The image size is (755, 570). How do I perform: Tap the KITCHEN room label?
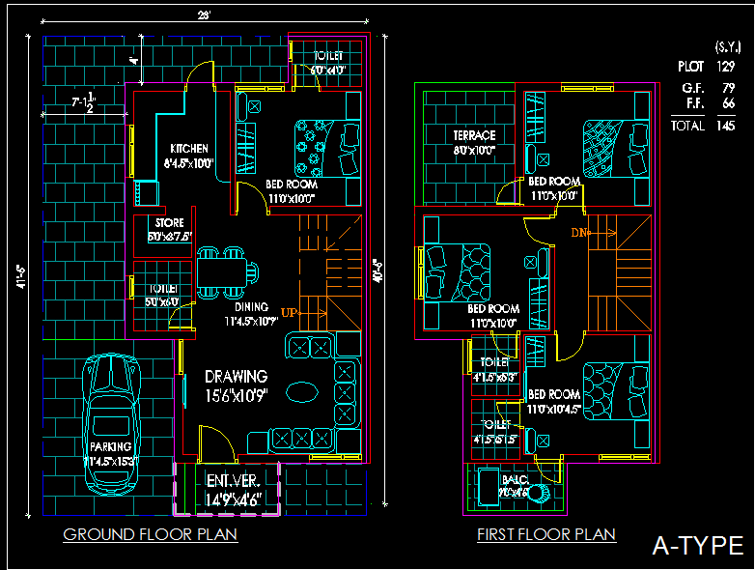click(188, 149)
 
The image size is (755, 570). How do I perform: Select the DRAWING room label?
click(236, 376)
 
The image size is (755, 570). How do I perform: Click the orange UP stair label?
click(289, 312)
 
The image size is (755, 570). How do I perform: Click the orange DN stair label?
click(579, 233)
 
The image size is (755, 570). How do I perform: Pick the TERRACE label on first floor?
click(474, 135)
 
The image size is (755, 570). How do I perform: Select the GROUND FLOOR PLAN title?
click(151, 534)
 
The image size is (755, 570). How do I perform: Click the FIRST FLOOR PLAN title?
click(546, 534)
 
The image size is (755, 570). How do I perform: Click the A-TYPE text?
click(696, 546)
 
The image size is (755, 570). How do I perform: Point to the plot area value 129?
click(725, 67)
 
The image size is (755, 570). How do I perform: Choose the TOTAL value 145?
click(725, 126)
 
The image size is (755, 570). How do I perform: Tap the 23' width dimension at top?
click(204, 15)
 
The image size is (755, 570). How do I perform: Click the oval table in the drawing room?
click(302, 392)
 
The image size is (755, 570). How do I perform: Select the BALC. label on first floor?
click(515, 479)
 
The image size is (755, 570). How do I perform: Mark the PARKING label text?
click(110, 448)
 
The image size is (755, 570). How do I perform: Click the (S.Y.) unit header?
click(727, 46)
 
